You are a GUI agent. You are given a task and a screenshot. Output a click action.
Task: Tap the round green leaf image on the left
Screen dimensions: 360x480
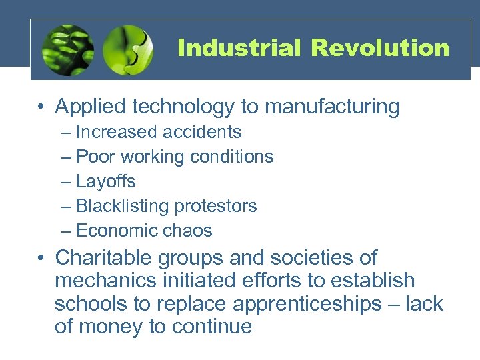67,50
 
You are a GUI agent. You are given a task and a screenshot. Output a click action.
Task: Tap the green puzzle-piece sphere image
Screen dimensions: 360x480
128,50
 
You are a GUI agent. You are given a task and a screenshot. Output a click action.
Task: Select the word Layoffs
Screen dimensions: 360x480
106,181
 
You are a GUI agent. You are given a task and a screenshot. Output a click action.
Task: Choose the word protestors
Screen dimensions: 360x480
215,206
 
